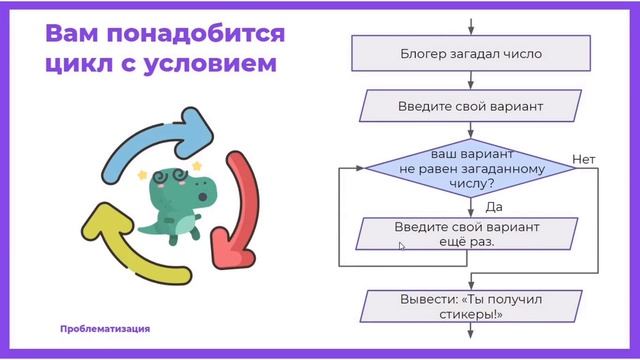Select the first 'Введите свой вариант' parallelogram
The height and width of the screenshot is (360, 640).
click(459, 105)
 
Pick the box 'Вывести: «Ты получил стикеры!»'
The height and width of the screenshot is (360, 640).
click(459, 305)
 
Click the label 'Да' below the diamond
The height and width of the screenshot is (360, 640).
click(492, 207)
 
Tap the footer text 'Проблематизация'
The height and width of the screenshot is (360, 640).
click(105, 329)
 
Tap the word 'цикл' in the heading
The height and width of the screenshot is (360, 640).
click(76, 66)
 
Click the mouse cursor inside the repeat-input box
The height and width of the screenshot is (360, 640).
click(402, 246)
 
